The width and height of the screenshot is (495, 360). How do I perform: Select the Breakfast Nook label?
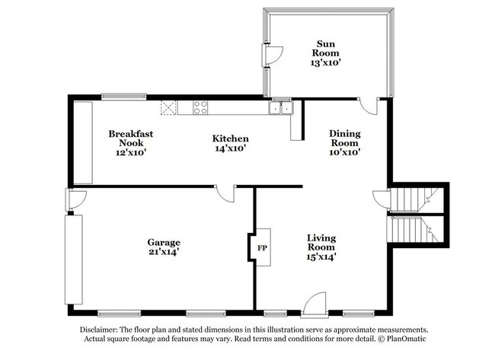coord(130,138)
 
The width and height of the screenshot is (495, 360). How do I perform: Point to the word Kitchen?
coord(230,139)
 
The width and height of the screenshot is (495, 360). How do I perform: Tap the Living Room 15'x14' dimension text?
coord(321,257)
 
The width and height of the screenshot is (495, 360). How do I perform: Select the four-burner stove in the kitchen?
coord(201,107)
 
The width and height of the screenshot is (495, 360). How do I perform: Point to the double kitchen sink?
coord(280,108)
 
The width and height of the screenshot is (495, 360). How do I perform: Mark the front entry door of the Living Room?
coord(315,306)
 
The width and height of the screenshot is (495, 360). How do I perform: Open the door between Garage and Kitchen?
coord(225,193)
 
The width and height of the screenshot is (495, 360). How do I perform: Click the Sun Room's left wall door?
coord(272,56)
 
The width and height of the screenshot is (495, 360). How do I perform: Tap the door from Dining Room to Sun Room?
coord(369,106)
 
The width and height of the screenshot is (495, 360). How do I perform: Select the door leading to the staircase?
coord(381,200)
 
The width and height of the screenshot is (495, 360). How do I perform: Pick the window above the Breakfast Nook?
coord(125,96)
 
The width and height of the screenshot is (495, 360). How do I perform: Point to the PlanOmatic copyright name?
coord(406,339)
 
